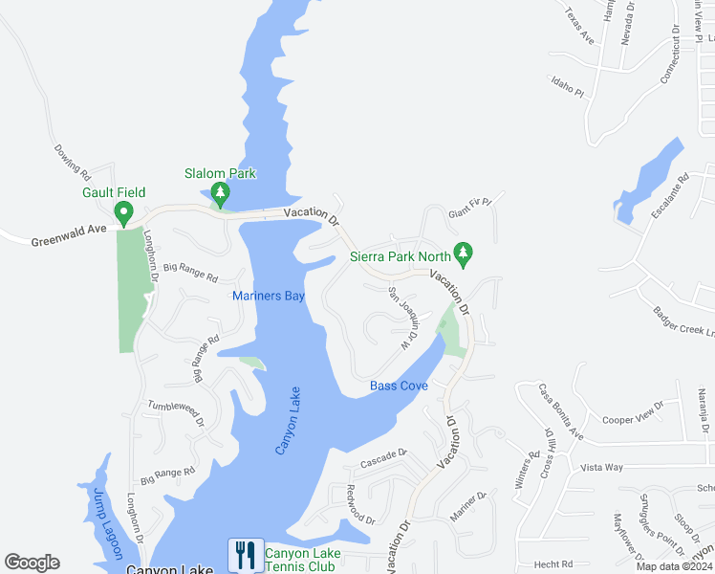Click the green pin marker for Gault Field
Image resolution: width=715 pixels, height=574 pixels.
(x=123, y=212)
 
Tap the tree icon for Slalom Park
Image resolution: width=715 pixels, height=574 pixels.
(x=221, y=194)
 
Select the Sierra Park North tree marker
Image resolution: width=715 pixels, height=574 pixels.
(x=464, y=254)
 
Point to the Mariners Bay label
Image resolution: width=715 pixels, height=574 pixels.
(x=269, y=297)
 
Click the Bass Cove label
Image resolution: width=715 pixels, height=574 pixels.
(x=399, y=386)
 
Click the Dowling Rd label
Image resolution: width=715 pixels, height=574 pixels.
(x=73, y=163)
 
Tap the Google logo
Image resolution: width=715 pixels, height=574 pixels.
(x=32, y=563)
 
